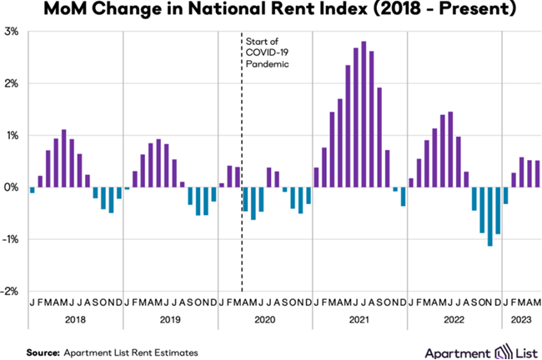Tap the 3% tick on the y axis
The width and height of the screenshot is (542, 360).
12,32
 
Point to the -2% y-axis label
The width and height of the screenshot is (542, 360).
12,291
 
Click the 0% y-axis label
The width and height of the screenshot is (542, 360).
12,187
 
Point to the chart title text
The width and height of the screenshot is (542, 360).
271,12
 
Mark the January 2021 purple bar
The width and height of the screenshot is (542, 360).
317,177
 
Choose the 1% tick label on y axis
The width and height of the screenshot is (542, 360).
12,136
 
